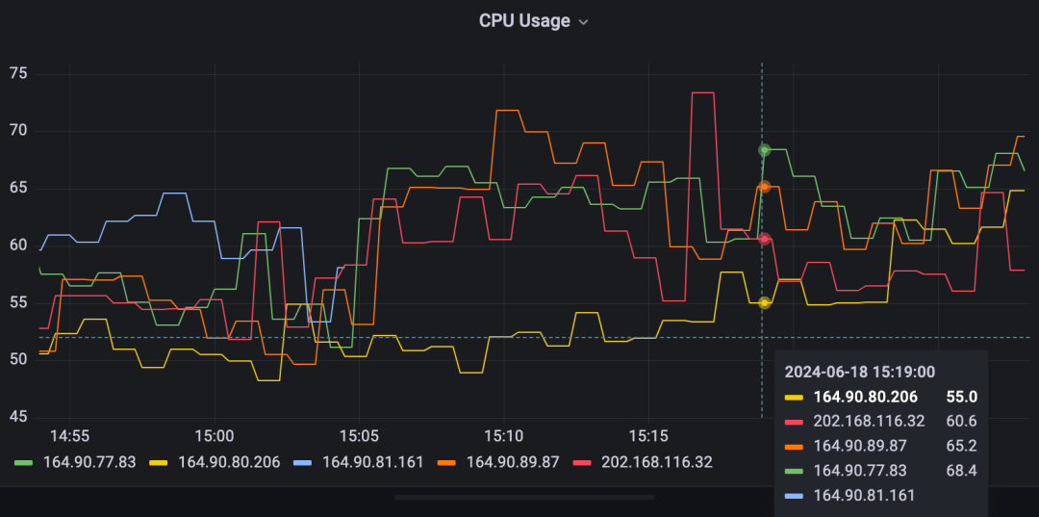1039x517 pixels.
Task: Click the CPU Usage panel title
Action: click(523, 21)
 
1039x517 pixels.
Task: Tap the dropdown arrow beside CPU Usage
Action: click(583, 22)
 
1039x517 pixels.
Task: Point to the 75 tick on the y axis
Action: click(18, 73)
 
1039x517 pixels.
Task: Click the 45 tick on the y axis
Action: click(18, 417)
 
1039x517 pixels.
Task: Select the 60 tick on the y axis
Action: click(18, 246)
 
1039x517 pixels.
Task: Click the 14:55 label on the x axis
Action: click(69, 435)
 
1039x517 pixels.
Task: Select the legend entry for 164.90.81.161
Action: click(372, 462)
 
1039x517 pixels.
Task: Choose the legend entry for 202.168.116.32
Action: click(656, 462)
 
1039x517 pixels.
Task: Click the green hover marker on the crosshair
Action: click(764, 150)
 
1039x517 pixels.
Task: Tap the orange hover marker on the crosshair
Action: click(764, 187)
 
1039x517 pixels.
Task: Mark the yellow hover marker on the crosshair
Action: click(764, 302)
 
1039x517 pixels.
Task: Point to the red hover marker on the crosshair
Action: click(764, 239)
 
